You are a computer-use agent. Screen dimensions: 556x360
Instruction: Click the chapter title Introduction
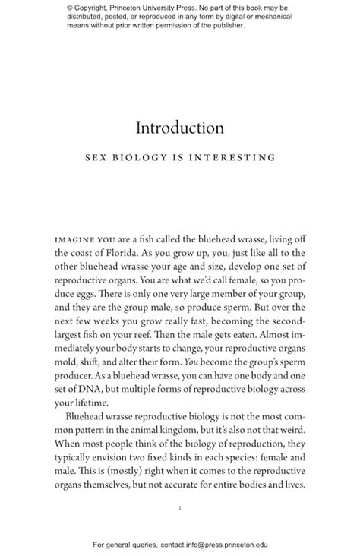click(x=180, y=127)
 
